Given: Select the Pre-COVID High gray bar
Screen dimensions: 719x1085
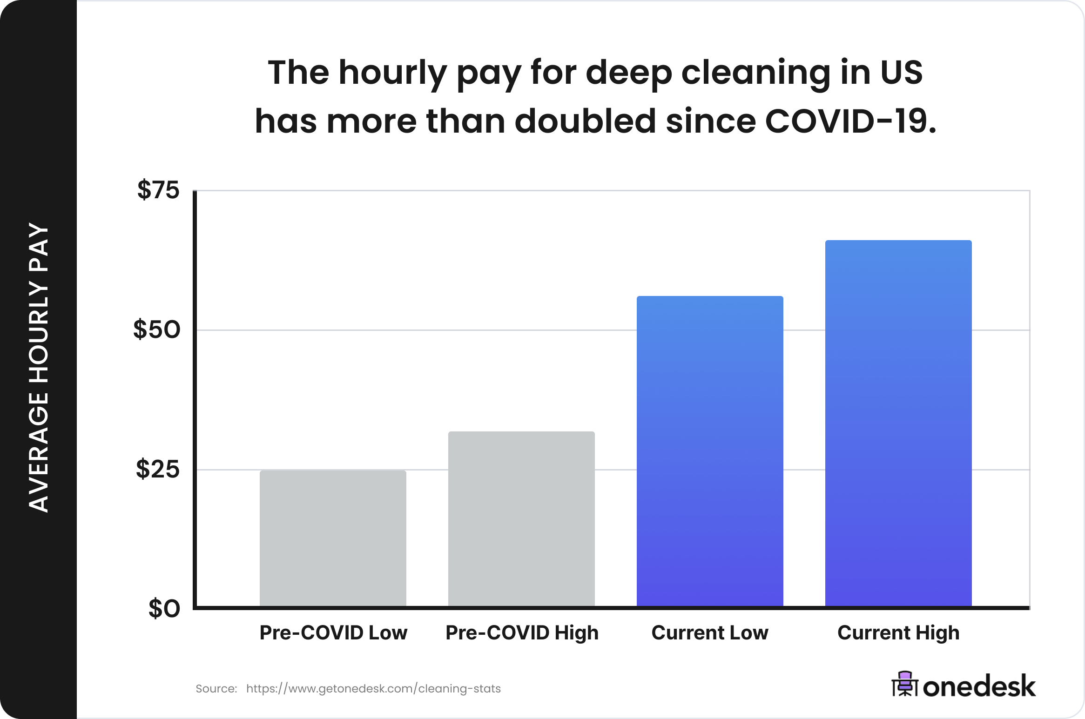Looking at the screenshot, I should click(521, 518).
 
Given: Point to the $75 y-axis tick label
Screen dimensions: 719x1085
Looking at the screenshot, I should click(158, 190).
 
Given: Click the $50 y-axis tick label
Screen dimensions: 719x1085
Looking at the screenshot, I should click(157, 329).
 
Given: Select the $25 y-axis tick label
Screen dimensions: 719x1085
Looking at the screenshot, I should click(158, 469).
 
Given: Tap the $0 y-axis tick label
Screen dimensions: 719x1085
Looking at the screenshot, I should click(164, 609).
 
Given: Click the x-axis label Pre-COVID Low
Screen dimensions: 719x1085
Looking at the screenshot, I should click(333, 633).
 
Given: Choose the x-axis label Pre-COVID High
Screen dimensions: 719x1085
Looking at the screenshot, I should click(522, 633).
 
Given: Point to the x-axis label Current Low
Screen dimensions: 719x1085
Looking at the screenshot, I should click(710, 633).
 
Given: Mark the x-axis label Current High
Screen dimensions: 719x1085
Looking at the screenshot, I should click(898, 633).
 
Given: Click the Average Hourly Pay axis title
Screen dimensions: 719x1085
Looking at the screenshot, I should click(39, 368).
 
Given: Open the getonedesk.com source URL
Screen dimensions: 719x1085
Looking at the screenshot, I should click(373, 689).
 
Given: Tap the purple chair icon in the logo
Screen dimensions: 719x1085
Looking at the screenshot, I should click(905, 684).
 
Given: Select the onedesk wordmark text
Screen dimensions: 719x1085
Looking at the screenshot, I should click(979, 686).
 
